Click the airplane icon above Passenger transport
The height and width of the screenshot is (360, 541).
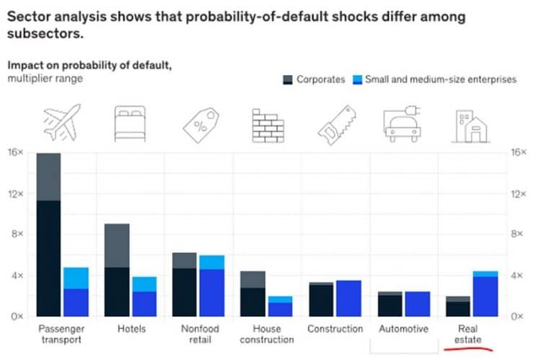(61, 123)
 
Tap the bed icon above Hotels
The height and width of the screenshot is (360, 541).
(131, 124)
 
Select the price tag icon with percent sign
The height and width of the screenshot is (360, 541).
(199, 124)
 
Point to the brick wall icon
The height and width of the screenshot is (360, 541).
(268, 125)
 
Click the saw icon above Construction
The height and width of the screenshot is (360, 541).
(336, 124)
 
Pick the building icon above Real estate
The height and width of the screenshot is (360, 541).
(470, 125)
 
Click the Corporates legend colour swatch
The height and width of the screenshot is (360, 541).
(287, 79)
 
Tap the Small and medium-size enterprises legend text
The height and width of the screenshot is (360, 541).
(441, 79)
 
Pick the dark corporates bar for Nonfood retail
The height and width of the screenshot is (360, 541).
(185, 289)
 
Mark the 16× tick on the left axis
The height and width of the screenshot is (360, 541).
(16, 153)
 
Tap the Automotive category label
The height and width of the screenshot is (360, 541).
(403, 329)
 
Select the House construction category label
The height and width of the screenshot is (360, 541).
(267, 334)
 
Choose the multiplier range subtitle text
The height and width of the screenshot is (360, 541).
(45, 78)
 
